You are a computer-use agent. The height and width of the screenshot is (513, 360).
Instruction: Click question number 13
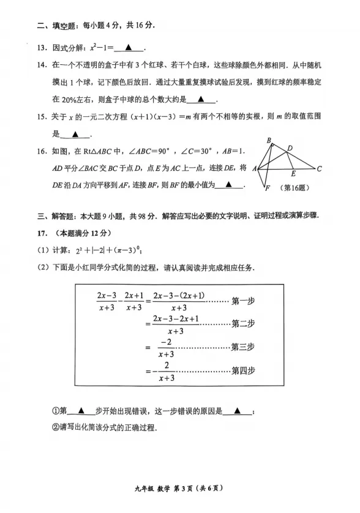(41, 48)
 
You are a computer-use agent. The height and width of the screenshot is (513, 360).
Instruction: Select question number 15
(41, 117)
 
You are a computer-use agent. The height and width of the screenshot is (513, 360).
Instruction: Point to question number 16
(41, 151)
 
